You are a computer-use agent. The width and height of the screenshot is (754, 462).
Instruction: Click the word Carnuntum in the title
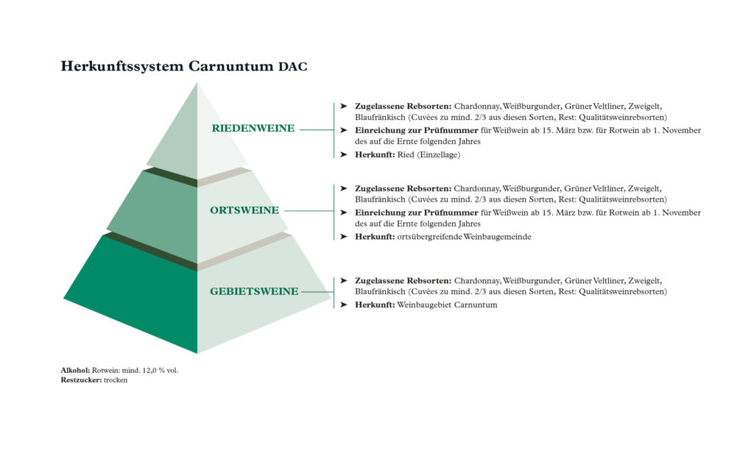(230, 65)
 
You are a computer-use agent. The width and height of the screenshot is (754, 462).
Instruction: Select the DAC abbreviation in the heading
(292, 66)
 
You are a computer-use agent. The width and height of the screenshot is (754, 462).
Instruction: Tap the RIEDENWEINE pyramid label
(253, 128)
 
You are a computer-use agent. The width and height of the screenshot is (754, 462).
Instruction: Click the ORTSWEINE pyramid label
(244, 210)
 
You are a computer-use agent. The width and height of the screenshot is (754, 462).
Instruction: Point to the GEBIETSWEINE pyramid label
(254, 291)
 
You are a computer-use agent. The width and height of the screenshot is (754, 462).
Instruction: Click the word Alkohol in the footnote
(75, 370)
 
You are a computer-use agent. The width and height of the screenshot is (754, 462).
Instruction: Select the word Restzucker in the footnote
(81, 380)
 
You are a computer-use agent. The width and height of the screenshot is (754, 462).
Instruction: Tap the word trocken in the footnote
(116, 380)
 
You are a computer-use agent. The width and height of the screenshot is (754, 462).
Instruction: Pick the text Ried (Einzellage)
(429, 154)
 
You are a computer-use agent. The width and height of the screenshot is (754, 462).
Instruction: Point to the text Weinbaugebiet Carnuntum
(447, 305)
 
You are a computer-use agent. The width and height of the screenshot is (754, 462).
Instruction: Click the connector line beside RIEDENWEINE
(317, 129)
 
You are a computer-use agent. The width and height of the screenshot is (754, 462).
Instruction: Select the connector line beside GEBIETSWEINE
(317, 292)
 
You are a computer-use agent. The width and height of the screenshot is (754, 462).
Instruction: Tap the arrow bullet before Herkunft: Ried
(343, 154)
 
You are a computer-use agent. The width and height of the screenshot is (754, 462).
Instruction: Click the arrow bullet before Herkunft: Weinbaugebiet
(343, 305)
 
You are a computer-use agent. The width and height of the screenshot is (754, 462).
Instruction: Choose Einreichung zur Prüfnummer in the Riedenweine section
(417, 131)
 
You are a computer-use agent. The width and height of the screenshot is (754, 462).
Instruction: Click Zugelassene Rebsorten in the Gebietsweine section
(403, 281)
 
